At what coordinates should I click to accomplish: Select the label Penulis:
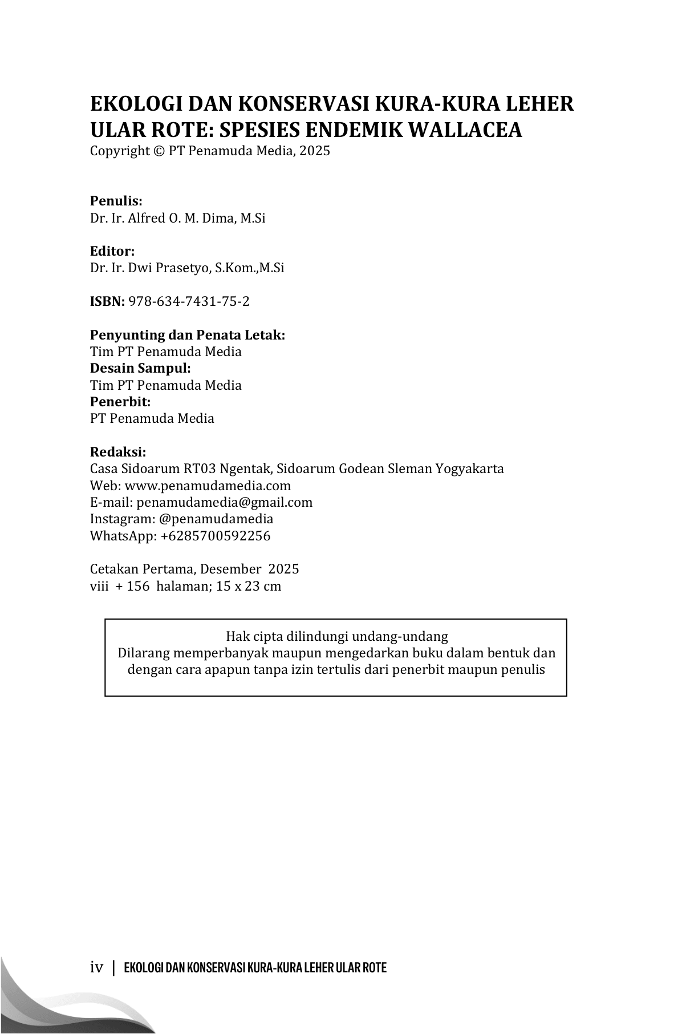pos(116,201)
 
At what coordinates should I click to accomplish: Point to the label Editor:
pos(112,251)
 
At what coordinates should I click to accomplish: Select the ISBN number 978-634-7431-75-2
pos(189,301)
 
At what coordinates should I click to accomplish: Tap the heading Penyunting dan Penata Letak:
pos(188,335)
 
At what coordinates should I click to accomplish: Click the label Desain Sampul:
pos(140,368)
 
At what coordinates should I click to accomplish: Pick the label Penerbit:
pos(120,402)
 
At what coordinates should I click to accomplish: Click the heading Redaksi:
pos(118,452)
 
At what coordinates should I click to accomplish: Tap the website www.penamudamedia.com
pos(208,486)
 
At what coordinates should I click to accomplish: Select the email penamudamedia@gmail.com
pos(224,502)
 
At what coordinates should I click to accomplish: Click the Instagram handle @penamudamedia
pos(216,519)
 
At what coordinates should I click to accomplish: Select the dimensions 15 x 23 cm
pos(249,586)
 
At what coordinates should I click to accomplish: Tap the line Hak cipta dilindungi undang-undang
pos(336,636)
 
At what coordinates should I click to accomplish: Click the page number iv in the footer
pos(96,968)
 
